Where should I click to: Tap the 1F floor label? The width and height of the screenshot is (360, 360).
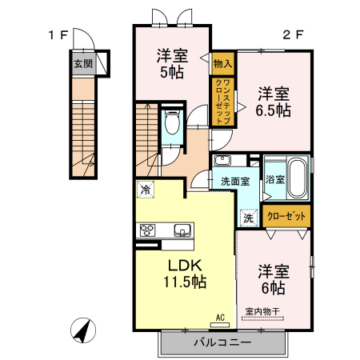[x=58, y=34]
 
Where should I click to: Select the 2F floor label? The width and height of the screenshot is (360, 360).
[x=293, y=34]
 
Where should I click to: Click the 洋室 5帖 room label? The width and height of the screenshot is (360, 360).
[x=171, y=64]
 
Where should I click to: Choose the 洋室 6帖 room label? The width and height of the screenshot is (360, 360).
[x=272, y=279]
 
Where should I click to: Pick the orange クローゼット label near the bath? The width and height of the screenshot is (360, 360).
[x=286, y=215]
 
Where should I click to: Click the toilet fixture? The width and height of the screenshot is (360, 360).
[x=171, y=125]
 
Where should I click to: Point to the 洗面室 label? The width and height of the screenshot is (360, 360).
[x=235, y=181]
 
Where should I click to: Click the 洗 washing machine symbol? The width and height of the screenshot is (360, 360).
[x=248, y=217]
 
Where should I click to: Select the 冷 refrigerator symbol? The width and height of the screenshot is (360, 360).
[x=145, y=190]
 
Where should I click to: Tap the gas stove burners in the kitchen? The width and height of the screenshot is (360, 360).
[x=148, y=231]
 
